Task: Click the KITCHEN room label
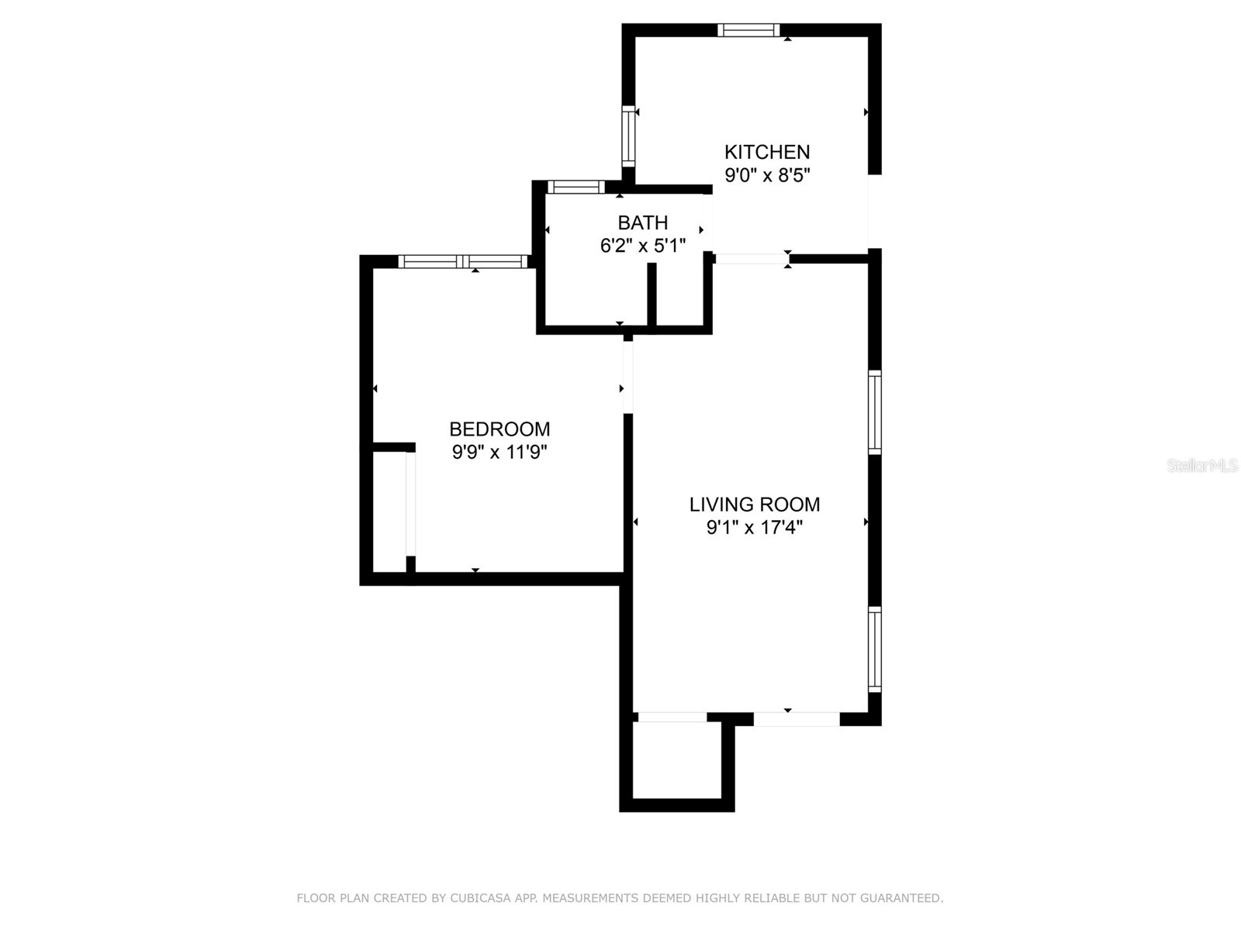coord(766,152)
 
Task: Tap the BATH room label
coord(642,223)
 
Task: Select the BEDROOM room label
coord(500,429)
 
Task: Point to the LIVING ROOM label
coord(754,505)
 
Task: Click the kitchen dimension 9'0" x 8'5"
coord(767,176)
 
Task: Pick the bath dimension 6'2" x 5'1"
coord(643,246)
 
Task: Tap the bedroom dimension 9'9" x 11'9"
coord(500,453)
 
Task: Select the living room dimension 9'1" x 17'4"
coord(754,528)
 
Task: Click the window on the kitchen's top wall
coord(748,30)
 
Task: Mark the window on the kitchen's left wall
coord(628,136)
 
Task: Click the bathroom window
coord(576,187)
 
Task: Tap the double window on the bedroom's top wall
coord(462,261)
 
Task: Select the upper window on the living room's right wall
coord(874,412)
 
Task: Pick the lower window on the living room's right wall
coord(874,649)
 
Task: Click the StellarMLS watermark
coord(1202,466)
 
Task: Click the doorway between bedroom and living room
coord(627,377)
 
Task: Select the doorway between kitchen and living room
coord(752,259)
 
